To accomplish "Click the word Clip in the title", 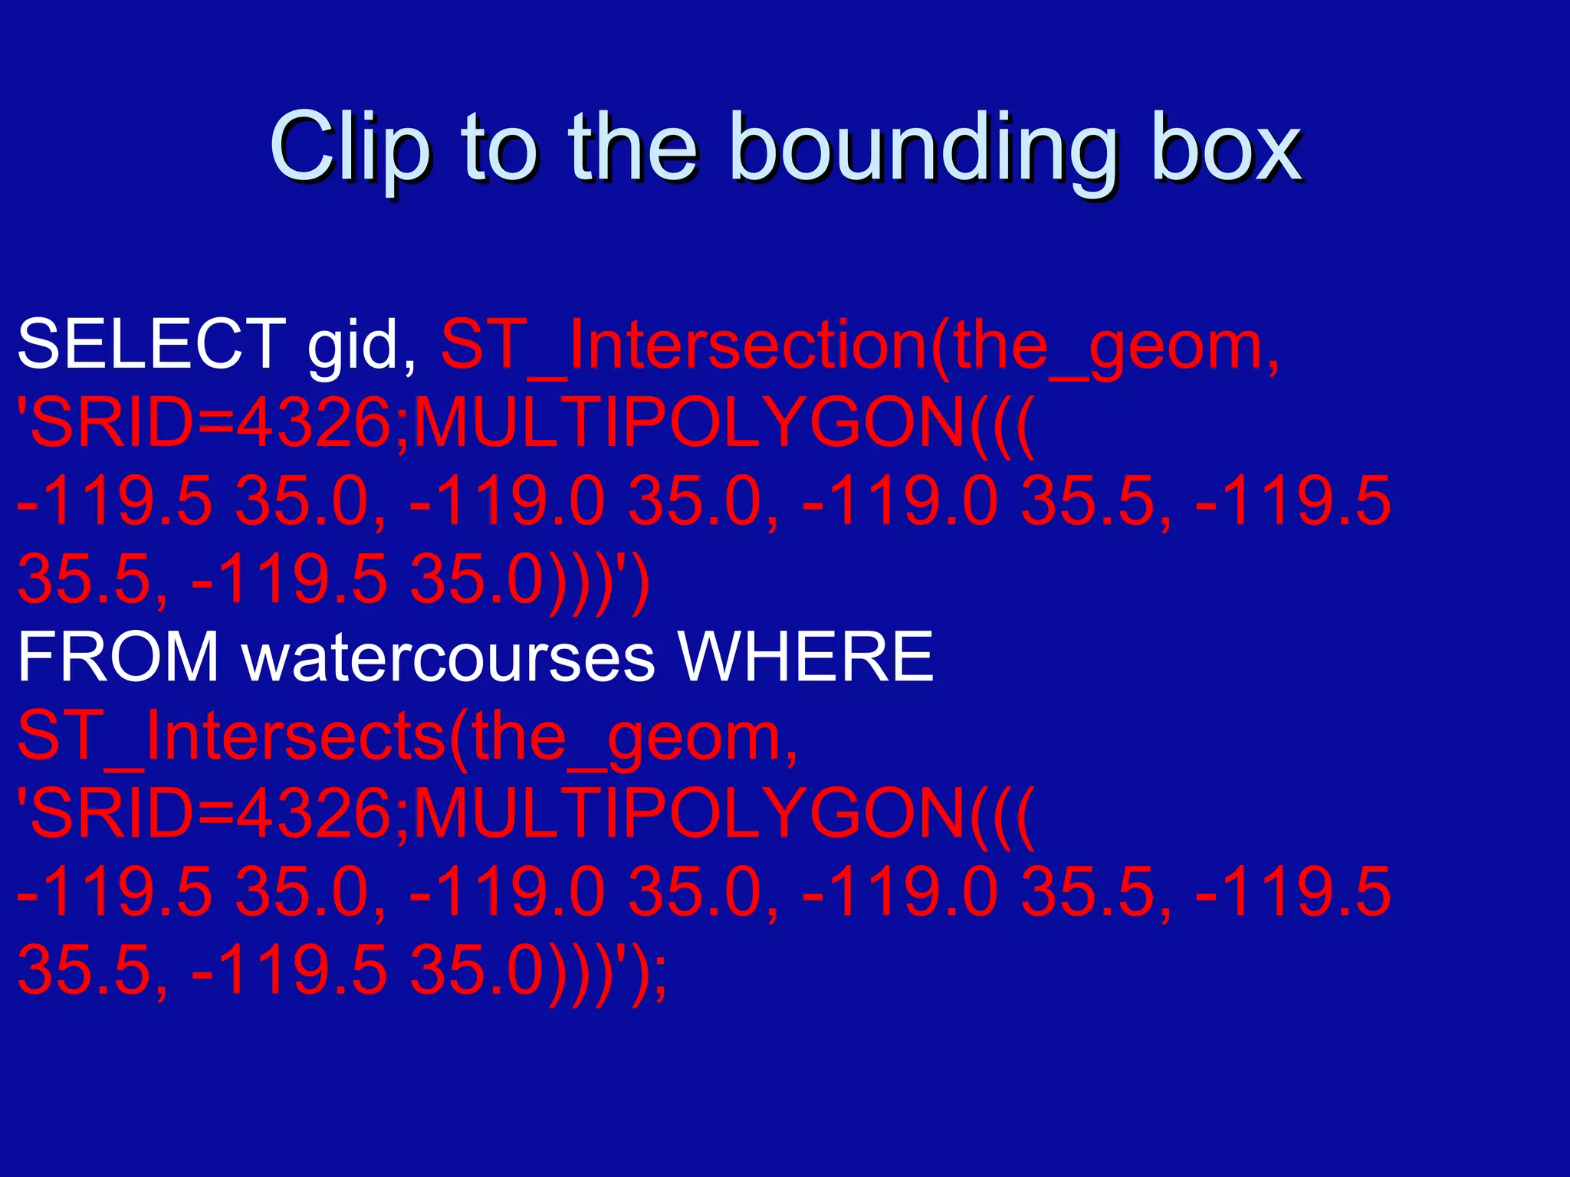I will click(x=350, y=146).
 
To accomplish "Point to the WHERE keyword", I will click(x=806, y=657).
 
